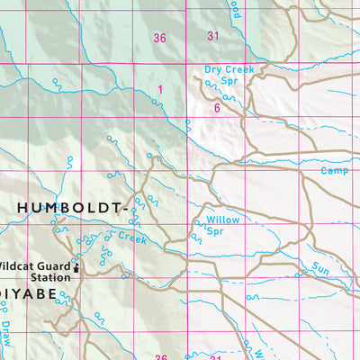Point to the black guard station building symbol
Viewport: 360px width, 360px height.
[x=76, y=267]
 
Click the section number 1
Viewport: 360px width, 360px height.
[x=160, y=89]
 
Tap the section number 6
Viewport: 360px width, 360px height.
[x=217, y=108]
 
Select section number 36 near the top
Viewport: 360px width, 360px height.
[x=160, y=37]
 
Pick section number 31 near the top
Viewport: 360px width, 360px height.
[x=213, y=37]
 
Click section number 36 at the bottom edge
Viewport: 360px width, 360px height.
[x=160, y=357]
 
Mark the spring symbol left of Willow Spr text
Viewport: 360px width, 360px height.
[x=192, y=238]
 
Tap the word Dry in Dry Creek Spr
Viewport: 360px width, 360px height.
[x=213, y=68]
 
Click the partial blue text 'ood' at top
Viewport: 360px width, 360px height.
[x=235, y=9]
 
